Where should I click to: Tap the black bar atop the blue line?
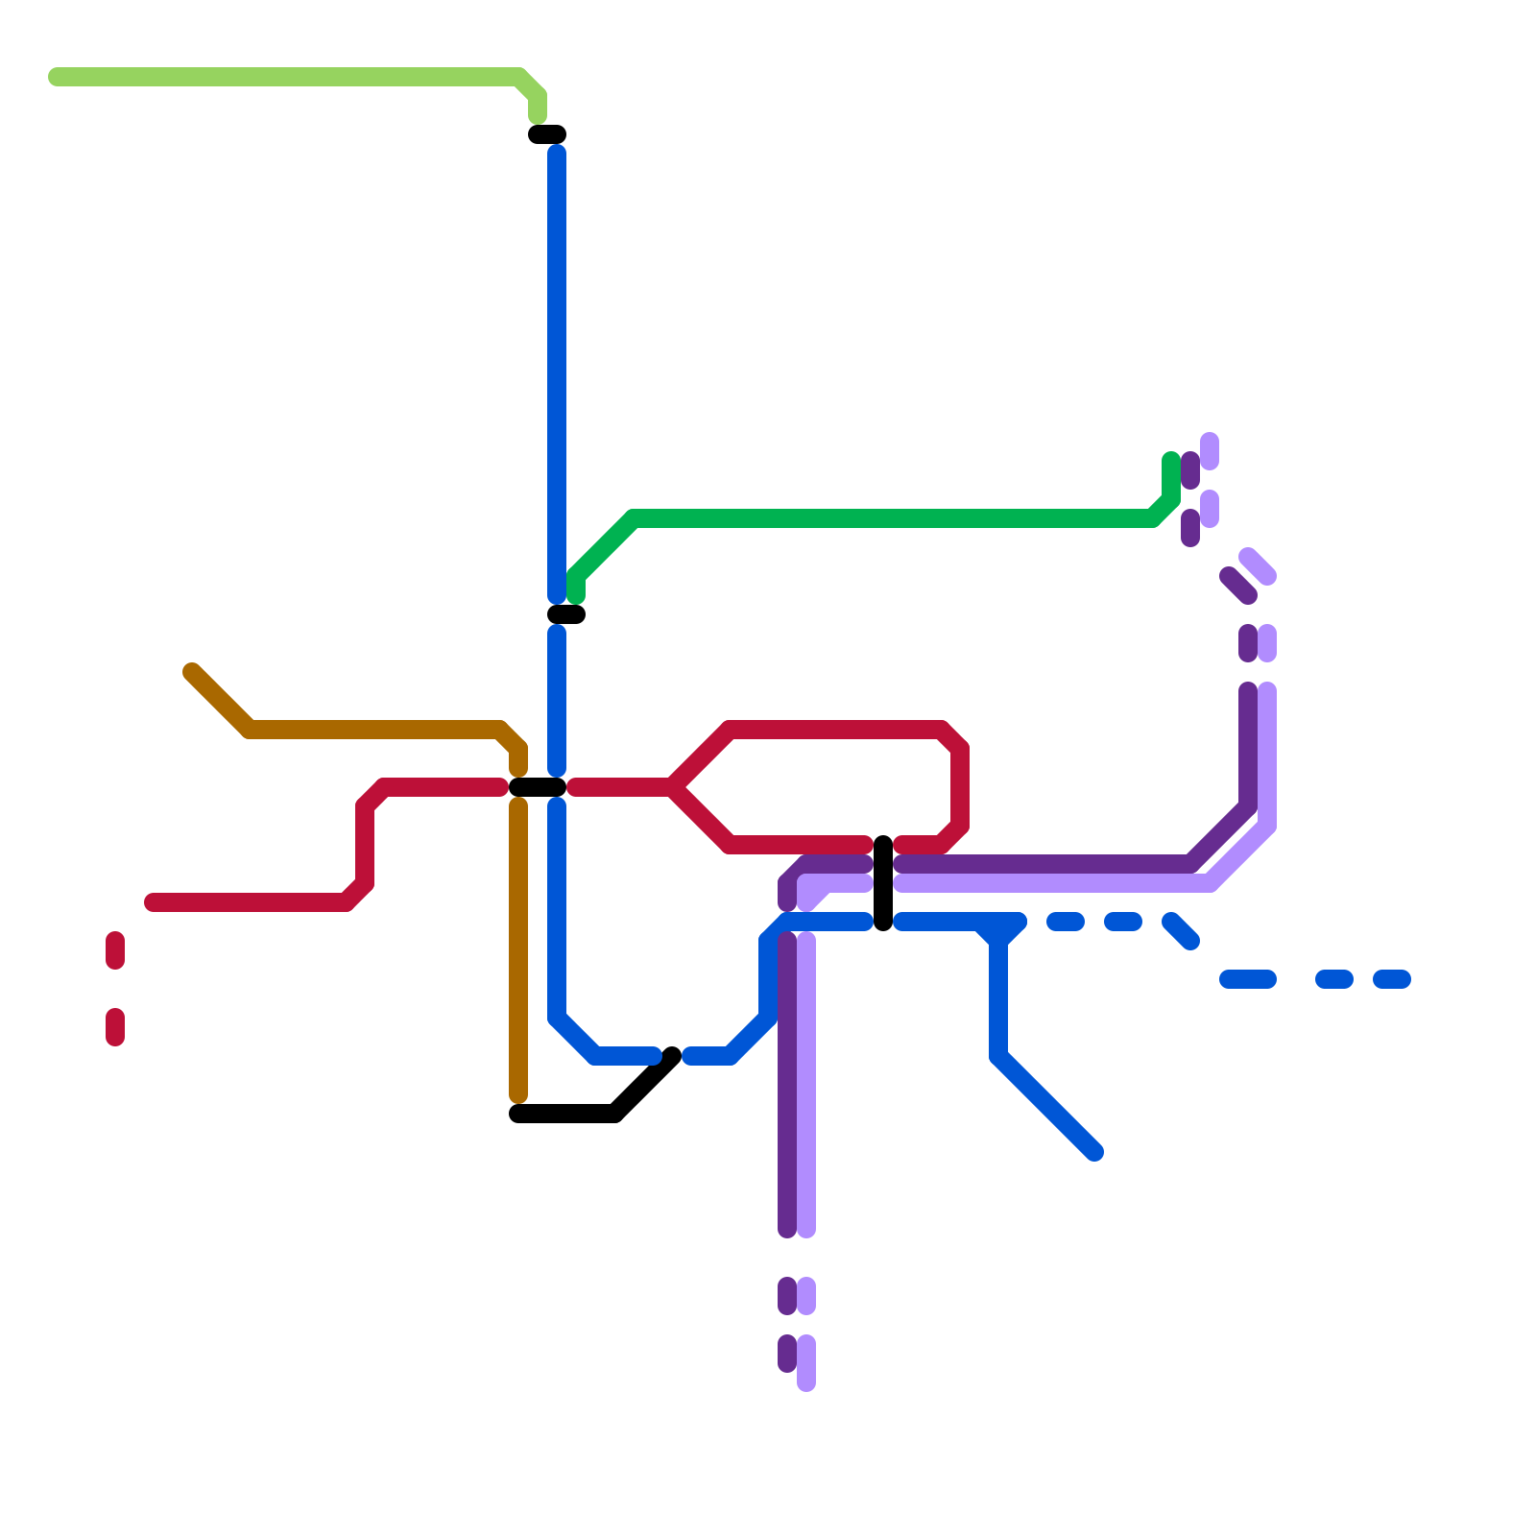coord(547,134)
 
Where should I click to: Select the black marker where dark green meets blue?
coord(566,614)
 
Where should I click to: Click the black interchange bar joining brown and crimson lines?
coord(537,788)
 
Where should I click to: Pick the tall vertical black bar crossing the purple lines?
coord(883,883)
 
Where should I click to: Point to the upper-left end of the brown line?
coord(192,671)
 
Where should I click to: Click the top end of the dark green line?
coord(1171,460)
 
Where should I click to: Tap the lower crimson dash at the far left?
coord(115,1026)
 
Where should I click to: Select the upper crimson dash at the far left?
coord(115,950)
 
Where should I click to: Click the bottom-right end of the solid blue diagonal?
coord(1094,1152)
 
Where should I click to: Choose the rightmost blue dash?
coord(1392,979)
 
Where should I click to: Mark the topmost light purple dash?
coord(1210,451)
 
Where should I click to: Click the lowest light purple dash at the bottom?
coord(806,1363)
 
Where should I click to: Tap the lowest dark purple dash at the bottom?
coord(787,1354)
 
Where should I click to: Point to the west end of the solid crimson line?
coord(152,902)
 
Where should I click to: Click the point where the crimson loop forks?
coord(672,788)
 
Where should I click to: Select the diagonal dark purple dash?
coord(1238,586)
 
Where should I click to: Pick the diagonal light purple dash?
coord(1258,566)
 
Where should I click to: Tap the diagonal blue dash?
coord(1181,931)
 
